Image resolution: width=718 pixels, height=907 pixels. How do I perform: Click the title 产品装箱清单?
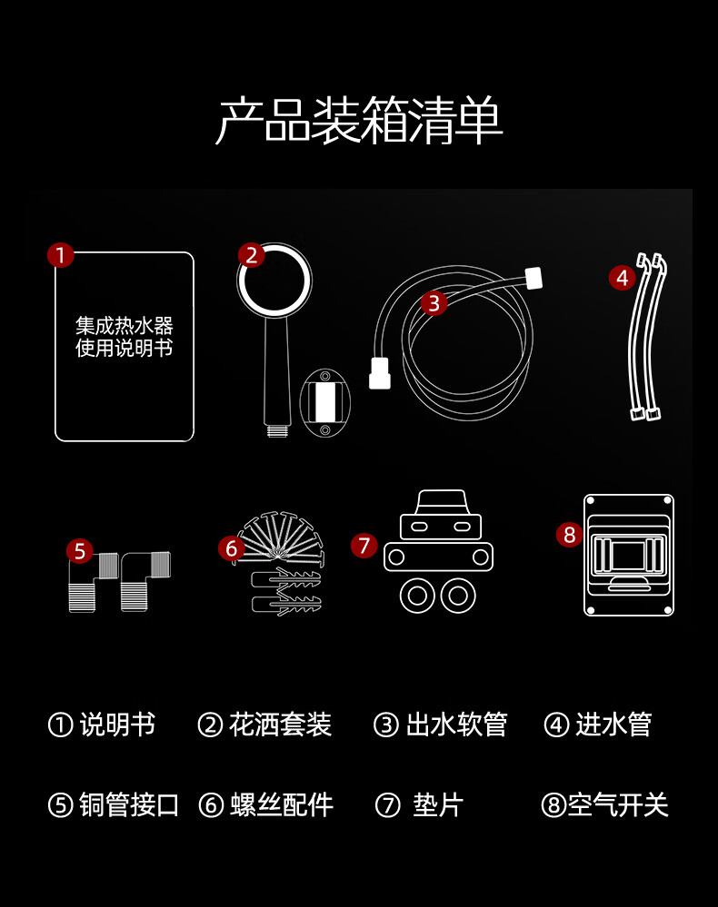click(358, 121)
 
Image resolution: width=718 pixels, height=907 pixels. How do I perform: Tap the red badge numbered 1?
click(61, 254)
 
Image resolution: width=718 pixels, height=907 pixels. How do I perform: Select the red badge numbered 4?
click(622, 278)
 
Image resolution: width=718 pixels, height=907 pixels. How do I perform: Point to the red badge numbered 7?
click(364, 546)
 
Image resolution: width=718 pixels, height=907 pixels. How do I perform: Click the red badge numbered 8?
click(569, 535)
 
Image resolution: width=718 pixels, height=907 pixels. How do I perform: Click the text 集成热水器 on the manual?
click(124, 326)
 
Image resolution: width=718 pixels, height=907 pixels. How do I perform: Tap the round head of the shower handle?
click(274, 281)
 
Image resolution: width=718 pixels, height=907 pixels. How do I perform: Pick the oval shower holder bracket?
click(324, 402)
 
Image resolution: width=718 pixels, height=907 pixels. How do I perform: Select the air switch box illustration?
click(629, 555)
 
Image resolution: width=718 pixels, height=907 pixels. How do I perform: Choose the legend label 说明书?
click(117, 725)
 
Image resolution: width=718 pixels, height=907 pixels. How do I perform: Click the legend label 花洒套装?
click(280, 725)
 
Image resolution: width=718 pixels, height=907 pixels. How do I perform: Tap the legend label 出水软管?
click(456, 725)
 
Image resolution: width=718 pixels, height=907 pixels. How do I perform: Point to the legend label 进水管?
click(613, 725)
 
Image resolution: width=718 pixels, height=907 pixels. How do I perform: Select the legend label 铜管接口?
click(129, 804)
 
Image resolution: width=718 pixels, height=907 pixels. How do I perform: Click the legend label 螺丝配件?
click(282, 804)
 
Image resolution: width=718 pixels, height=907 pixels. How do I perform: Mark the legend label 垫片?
click(438, 804)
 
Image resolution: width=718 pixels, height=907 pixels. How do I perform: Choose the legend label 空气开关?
click(618, 804)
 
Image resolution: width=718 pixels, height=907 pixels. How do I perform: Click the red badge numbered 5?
click(80, 551)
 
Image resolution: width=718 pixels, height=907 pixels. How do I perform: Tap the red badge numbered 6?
click(232, 547)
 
